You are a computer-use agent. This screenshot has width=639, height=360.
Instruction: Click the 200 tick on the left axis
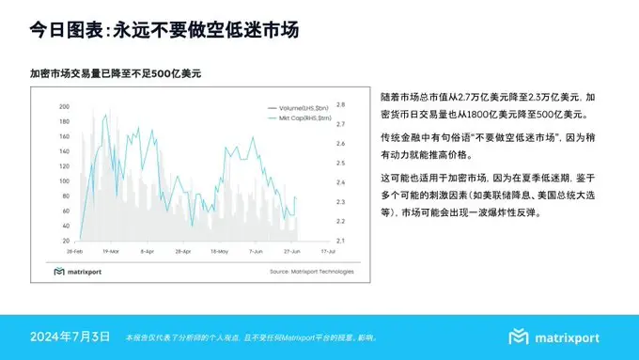tap(63, 106)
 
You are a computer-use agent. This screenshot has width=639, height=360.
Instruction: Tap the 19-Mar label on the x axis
tap(110, 252)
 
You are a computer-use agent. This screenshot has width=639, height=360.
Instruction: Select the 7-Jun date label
tap(254, 252)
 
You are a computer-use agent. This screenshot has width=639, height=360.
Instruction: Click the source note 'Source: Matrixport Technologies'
tap(311, 272)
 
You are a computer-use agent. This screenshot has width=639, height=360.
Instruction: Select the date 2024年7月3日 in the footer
tap(70, 337)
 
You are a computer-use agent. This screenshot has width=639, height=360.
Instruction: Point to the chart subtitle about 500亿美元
tap(116, 72)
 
